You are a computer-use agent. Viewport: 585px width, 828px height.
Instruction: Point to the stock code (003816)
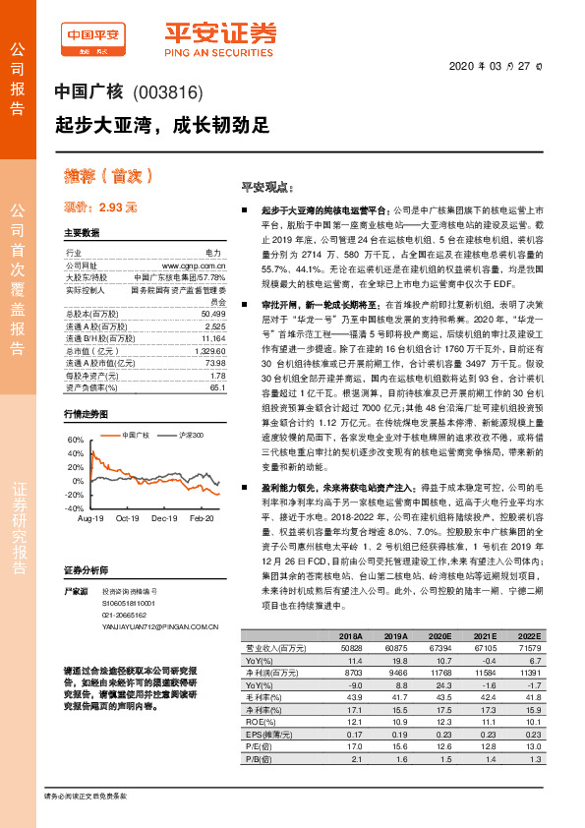point(166,93)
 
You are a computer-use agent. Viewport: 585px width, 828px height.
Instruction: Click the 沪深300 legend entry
point(193,434)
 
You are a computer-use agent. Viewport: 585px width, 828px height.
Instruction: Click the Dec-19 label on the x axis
point(164,516)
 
